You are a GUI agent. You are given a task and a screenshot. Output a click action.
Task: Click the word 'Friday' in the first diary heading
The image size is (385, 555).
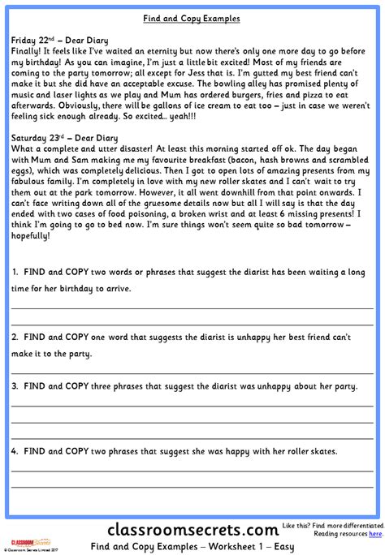pyautogui.click(x=26, y=39)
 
